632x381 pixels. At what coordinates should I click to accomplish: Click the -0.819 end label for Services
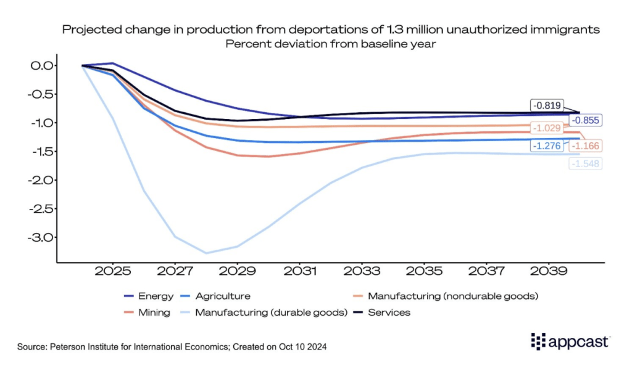(548, 105)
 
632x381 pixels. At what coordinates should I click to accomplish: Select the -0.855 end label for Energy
(586, 121)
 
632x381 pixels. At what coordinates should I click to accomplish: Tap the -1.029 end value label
(547, 129)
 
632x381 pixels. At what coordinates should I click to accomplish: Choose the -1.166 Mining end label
(586, 146)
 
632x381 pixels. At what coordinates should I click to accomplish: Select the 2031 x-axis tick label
(300, 272)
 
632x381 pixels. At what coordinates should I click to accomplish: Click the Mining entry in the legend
(148, 313)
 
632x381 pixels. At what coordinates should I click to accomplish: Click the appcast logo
(570, 341)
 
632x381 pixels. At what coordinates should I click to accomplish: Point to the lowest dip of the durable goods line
(206, 253)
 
